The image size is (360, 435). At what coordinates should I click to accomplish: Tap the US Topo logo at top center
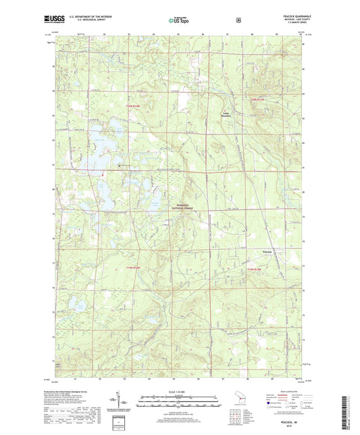180,20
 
